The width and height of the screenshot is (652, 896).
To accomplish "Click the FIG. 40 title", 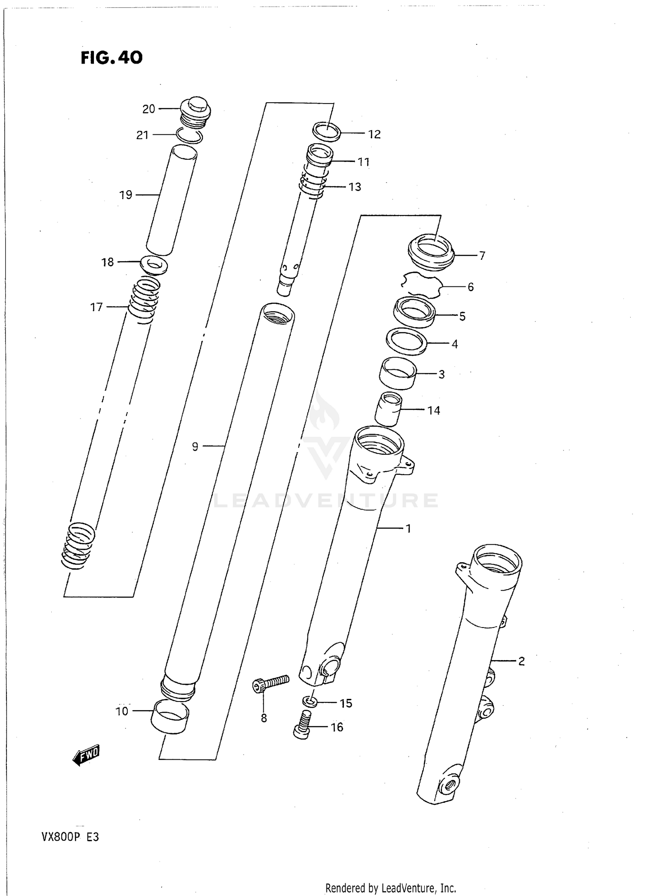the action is [111, 57].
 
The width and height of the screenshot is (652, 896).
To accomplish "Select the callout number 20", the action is [149, 109].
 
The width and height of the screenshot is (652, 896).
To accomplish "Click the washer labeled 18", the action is [154, 265].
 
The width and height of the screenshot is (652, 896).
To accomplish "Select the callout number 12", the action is [374, 134].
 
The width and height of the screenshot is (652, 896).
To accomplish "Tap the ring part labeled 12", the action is [326, 131].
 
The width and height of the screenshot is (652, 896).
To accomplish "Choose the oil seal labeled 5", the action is [414, 312].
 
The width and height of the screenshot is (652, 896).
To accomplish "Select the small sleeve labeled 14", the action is [388, 409].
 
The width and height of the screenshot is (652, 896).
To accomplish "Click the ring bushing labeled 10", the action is [170, 716].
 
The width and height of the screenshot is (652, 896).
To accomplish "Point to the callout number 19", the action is [126, 195].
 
